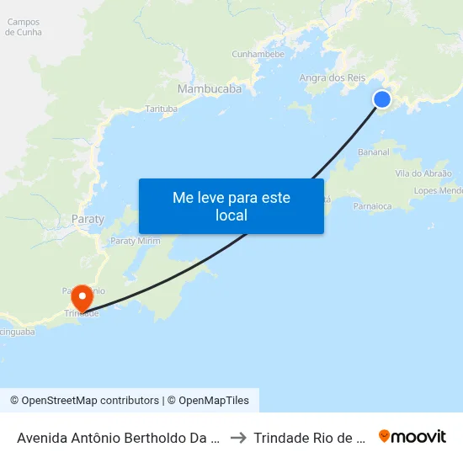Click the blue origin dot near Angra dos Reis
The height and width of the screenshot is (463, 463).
pos(382,99)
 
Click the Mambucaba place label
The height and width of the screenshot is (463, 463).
pos(210,88)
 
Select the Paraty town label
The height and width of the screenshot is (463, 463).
pos(88,219)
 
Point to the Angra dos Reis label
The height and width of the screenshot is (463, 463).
pos(333,77)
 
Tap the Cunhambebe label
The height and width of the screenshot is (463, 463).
pos(258,54)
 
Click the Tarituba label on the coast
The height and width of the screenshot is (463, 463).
pos(162,109)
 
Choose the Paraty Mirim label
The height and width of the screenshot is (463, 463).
pos(136,240)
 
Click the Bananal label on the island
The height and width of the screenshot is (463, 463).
pos(374,152)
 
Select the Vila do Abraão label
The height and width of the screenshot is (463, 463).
pos(423,173)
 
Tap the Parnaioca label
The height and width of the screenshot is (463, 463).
pos(373,205)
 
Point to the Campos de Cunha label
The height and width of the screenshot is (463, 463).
pos(24,26)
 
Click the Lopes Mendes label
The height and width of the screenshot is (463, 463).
pos(439,191)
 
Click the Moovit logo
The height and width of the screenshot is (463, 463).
pos(412,436)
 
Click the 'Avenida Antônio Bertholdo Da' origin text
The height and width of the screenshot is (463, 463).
pos(118,438)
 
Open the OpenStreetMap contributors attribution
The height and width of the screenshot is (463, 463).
pos(85,401)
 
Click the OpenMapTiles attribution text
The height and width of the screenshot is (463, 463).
pos(210,401)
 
